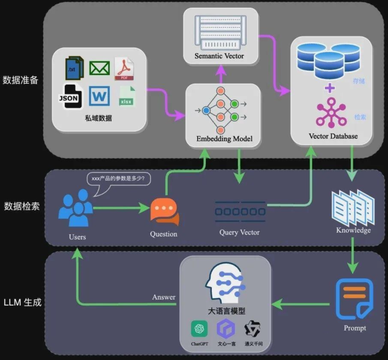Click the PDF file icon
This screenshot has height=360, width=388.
coord(124,69)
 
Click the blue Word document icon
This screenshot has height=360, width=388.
coord(99,96)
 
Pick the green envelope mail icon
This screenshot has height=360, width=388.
coord(99,68)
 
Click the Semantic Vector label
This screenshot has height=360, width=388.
coord(219,56)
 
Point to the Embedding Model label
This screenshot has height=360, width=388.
coord(224,139)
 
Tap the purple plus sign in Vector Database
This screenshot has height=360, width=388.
coord(329,88)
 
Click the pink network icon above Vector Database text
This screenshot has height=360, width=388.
coord(331,112)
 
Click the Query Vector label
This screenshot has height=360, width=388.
coord(239,232)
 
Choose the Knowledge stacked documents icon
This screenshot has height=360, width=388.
coord(353,208)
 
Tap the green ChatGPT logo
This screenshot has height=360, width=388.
coord(199,328)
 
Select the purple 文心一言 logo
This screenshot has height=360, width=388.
coord(226,329)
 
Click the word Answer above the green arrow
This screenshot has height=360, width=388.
coord(164,297)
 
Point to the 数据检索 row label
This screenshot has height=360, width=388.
coord(22,206)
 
